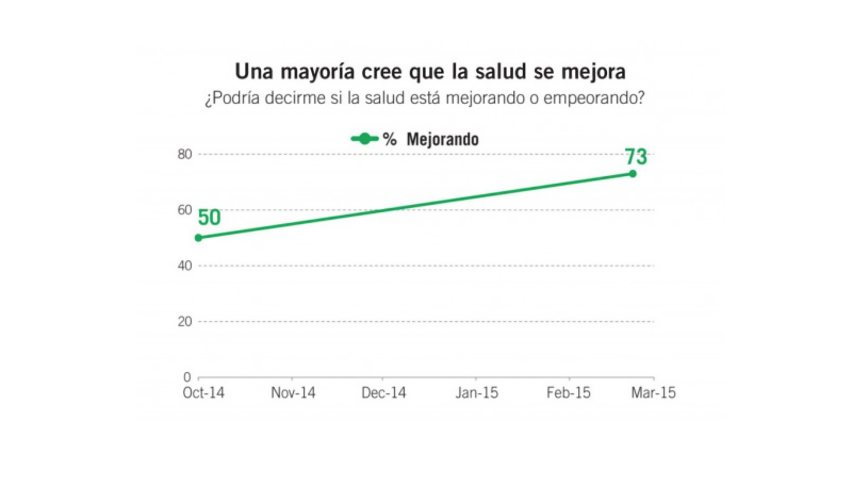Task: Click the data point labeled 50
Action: pyautogui.click(x=199, y=238)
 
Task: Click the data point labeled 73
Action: pyautogui.click(x=633, y=174)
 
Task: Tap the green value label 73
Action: pyautogui.click(x=636, y=157)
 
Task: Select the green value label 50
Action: pyautogui.click(x=209, y=218)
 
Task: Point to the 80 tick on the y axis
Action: pyautogui.click(x=185, y=154)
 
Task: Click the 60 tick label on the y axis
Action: pyautogui.click(x=185, y=210)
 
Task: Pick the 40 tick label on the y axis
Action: pyautogui.click(x=185, y=266)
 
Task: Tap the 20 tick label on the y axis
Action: pyautogui.click(x=185, y=321)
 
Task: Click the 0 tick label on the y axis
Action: pyautogui.click(x=187, y=377)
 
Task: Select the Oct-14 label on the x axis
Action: pyautogui.click(x=204, y=393)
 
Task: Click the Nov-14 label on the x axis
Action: pyautogui.click(x=293, y=393)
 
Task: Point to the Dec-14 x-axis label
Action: pyautogui.click(x=383, y=393)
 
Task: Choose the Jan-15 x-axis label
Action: pyautogui.click(x=477, y=393)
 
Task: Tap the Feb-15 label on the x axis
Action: pyautogui.click(x=568, y=393)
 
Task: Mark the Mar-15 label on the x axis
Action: pyautogui.click(x=653, y=393)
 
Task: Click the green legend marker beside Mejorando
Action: pyautogui.click(x=365, y=139)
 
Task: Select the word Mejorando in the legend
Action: pyautogui.click(x=443, y=139)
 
